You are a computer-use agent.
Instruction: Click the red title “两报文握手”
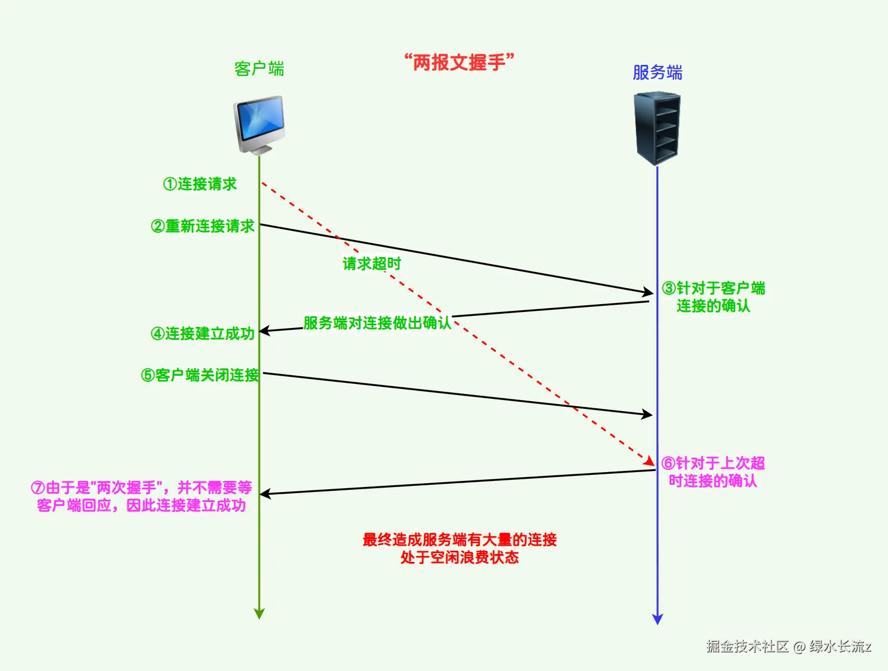pyautogui.click(x=459, y=62)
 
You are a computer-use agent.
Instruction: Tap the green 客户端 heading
pyautogui.click(x=259, y=69)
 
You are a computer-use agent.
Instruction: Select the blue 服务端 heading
pyautogui.click(x=657, y=73)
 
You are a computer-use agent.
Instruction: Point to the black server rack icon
pyautogui.click(x=657, y=129)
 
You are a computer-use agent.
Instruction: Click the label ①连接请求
pyautogui.click(x=200, y=184)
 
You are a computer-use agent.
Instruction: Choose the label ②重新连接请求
pyautogui.click(x=202, y=226)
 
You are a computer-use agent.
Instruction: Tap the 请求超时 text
pyautogui.click(x=371, y=264)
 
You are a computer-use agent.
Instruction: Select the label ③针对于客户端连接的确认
pyautogui.click(x=714, y=297)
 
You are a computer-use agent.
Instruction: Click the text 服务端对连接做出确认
pyautogui.click(x=377, y=322)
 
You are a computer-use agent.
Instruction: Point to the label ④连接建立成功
pyautogui.click(x=203, y=334)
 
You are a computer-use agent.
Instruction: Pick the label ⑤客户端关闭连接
pyautogui.click(x=200, y=375)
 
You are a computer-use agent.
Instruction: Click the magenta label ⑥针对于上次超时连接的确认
pyautogui.click(x=713, y=472)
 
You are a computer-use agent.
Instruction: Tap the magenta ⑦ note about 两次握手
pyautogui.click(x=141, y=496)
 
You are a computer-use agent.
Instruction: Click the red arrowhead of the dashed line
pyautogui.click(x=649, y=461)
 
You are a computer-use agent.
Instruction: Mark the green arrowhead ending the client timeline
pyautogui.click(x=259, y=613)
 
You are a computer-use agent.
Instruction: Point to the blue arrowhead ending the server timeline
pyautogui.click(x=658, y=619)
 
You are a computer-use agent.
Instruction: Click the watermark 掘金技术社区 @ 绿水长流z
pyautogui.click(x=788, y=646)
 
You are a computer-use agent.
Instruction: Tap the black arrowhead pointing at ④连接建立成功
pyautogui.click(x=265, y=331)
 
